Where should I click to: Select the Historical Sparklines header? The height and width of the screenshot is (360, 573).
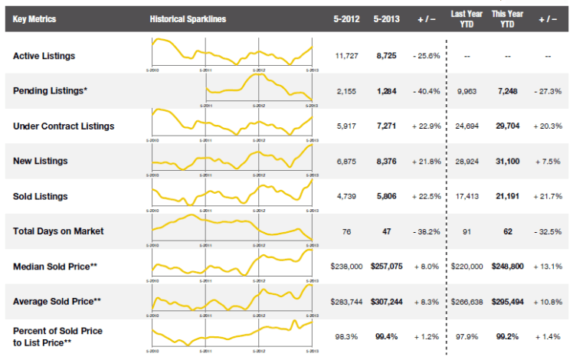(x=188, y=18)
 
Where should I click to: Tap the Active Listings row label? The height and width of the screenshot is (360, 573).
(x=44, y=56)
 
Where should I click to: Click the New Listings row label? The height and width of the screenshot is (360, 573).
(x=41, y=161)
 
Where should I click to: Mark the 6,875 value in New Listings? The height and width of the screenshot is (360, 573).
(x=347, y=161)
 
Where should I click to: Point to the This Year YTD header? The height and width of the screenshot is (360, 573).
(x=506, y=18)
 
